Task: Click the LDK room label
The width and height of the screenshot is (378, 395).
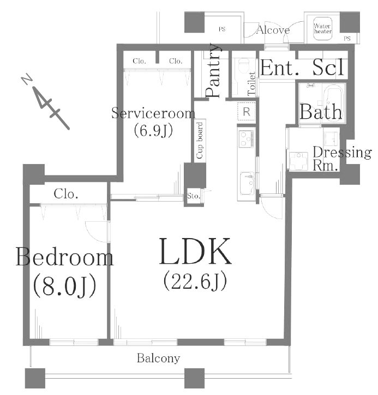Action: pyautogui.click(x=195, y=251)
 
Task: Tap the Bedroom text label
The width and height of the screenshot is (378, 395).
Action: pyautogui.click(x=64, y=257)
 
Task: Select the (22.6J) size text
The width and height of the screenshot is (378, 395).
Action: pyautogui.click(x=195, y=281)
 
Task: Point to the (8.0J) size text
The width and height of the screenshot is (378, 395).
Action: pyautogui.click(x=64, y=287)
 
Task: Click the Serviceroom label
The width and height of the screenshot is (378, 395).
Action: pyautogui.click(x=153, y=113)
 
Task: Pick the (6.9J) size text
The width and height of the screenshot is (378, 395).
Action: pyautogui.click(x=153, y=131)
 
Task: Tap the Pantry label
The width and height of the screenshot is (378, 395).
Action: pyautogui.click(x=213, y=70)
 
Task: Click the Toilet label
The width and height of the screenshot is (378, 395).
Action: pyautogui.click(x=251, y=84)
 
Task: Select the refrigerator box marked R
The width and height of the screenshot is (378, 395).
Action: pyautogui.click(x=247, y=111)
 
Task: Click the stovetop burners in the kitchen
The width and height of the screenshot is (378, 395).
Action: pyautogui.click(x=247, y=139)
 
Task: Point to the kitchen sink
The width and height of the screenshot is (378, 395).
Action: pyautogui.click(x=247, y=184)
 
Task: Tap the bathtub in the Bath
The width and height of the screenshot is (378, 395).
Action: pyautogui.click(x=333, y=103)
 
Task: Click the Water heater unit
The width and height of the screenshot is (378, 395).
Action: pyautogui.click(x=322, y=29)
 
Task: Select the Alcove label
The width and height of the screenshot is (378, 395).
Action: pyautogui.click(x=273, y=30)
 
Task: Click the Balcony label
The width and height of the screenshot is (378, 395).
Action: pyautogui.click(x=158, y=358)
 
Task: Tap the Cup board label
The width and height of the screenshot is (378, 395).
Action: pyautogui.click(x=200, y=141)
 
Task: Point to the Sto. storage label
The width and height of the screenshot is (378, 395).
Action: pyautogui.click(x=194, y=196)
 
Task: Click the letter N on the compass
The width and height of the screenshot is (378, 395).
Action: pyautogui.click(x=27, y=80)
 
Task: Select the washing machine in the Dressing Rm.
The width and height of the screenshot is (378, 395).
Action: pyautogui.click(x=298, y=161)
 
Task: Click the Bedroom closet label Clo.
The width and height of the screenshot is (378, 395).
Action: pyautogui.click(x=66, y=194)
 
